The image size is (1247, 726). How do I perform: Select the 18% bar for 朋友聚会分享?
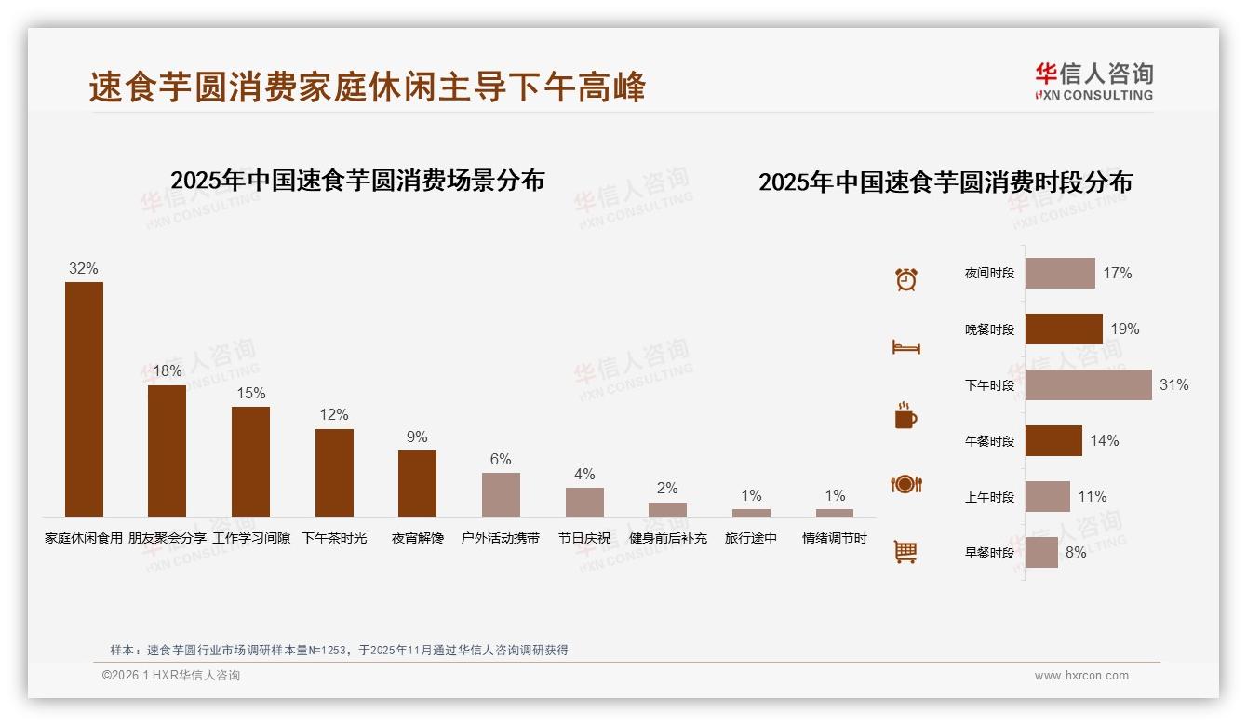(x=167, y=450)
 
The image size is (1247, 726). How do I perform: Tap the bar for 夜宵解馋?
(x=417, y=483)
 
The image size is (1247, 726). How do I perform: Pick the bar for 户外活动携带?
(x=501, y=494)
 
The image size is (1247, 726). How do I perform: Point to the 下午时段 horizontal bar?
(x=1088, y=384)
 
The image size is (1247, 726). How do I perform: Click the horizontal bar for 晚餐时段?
(x=1064, y=329)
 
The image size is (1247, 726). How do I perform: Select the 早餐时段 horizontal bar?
(x=1041, y=552)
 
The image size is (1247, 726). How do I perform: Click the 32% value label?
(x=83, y=268)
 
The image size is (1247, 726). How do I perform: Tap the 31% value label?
(x=1173, y=384)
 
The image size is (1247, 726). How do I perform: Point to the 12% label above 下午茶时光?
(x=334, y=414)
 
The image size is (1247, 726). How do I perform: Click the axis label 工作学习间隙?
(x=251, y=538)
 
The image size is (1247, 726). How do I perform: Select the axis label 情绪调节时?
(x=835, y=538)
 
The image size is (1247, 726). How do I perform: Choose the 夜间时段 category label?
(x=989, y=274)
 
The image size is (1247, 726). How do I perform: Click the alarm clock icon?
(x=905, y=279)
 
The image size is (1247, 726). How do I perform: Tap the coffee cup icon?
(x=905, y=416)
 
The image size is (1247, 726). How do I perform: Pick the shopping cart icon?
(x=905, y=552)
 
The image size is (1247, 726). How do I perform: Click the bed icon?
(x=905, y=347)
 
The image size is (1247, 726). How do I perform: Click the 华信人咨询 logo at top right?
(x=1093, y=81)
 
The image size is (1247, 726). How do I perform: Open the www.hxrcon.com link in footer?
(x=1081, y=676)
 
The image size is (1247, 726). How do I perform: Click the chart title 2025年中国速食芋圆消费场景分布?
(x=357, y=180)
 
